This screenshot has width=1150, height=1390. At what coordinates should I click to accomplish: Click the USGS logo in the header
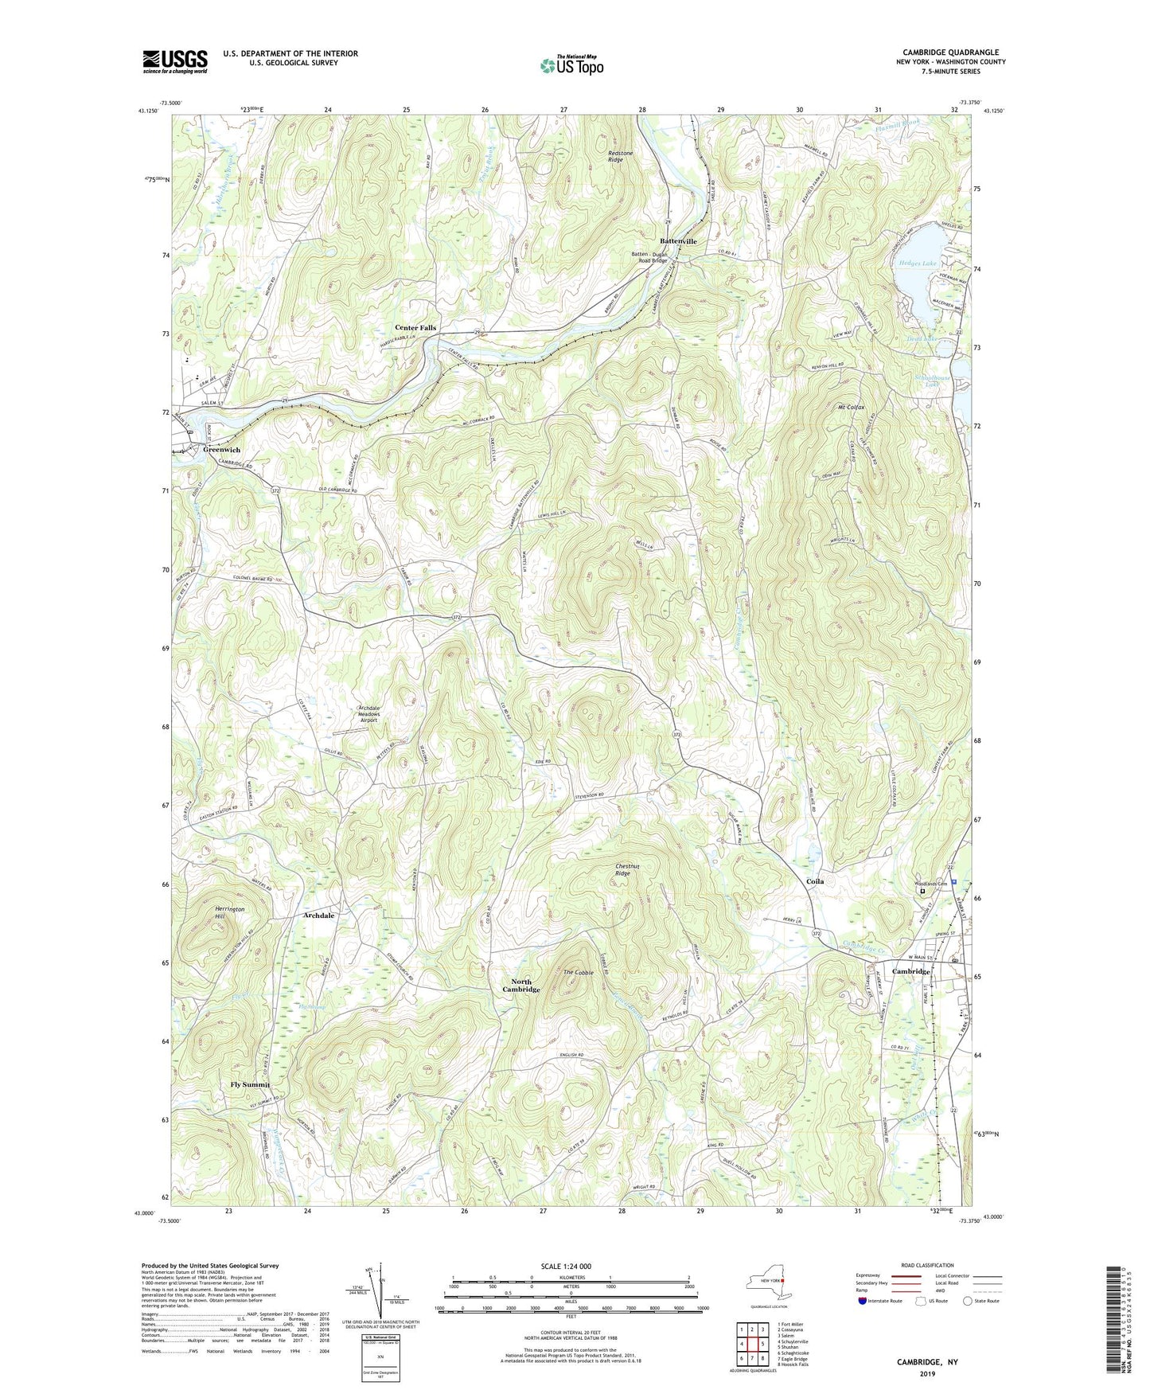coord(174,61)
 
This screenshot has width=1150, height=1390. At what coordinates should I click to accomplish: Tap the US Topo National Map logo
coord(571,64)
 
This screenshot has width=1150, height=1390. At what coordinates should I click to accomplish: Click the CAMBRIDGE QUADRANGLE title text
coord(950,53)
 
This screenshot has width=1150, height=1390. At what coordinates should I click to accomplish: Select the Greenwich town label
coord(221,450)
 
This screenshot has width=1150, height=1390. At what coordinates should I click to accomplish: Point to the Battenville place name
coord(677,240)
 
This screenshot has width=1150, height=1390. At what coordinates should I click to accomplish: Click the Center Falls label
coord(415,327)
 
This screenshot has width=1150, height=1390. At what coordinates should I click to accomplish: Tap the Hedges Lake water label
coord(918,262)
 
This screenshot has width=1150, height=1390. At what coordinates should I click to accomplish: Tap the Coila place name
coord(815,881)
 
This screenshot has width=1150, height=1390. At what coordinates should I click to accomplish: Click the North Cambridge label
coord(521,986)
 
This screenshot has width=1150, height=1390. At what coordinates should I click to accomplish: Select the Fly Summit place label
coord(250,1084)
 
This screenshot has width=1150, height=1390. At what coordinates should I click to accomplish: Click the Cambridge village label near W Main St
coord(910,971)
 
